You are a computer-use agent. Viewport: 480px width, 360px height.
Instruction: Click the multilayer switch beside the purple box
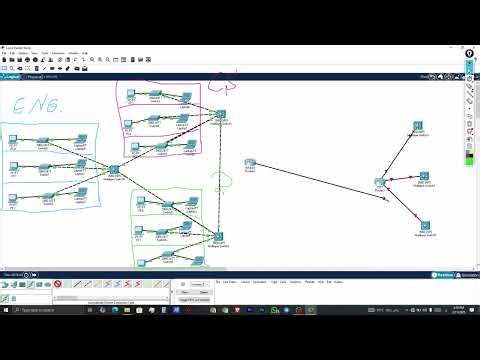coord(220,116)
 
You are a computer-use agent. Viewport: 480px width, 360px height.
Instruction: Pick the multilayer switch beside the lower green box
coord(218,238)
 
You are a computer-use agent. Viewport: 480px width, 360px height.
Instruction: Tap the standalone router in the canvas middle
coord(251,163)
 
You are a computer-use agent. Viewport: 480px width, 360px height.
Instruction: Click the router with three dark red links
coord(380,183)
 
